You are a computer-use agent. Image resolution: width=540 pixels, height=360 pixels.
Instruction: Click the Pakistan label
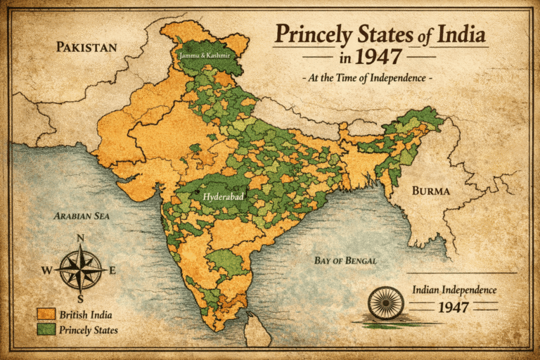pos(86,48)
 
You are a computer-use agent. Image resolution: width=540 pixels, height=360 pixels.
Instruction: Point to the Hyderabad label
pos(223,198)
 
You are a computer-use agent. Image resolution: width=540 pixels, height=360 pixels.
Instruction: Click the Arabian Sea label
pos(82,217)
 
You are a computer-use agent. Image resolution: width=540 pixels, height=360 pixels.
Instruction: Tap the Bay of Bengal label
pos(345,260)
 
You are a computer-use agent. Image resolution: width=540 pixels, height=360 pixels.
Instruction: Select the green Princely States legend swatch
pos(46,330)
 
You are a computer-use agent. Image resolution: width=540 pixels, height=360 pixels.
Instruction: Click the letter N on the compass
pos(80,238)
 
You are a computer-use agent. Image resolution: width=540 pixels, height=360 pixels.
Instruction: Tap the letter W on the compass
pos(46,270)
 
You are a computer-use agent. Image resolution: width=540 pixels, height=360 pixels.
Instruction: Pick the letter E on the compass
pos(113,270)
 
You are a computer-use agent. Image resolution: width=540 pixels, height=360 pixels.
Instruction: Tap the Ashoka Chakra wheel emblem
pos(385,303)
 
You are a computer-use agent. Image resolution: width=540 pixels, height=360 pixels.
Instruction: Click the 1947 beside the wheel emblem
pos(454,307)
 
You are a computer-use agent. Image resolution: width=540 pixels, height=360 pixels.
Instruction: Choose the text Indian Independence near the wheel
pos(454,290)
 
